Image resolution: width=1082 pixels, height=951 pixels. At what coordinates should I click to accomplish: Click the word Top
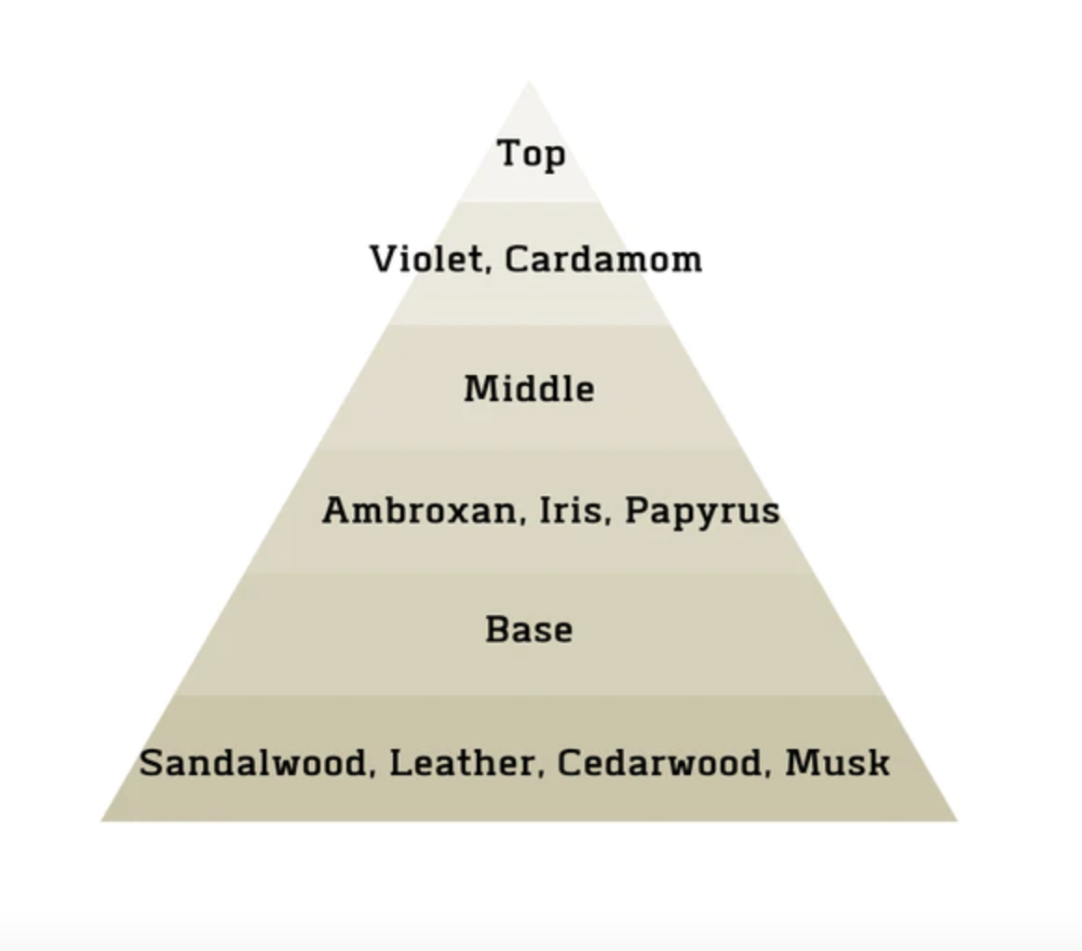[x=532, y=154]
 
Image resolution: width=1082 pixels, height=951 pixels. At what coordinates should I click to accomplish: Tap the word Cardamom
[x=603, y=260]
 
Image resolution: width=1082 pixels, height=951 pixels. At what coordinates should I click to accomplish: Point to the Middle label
[x=529, y=388]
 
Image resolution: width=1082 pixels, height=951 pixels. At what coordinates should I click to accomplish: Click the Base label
[x=529, y=630]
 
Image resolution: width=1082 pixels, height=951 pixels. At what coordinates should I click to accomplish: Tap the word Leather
[x=463, y=763]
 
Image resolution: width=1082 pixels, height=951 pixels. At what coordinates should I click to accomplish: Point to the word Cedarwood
[x=659, y=763]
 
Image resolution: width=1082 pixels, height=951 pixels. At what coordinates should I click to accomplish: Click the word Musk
[x=837, y=763]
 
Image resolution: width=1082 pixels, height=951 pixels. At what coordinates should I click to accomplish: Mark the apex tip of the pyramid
[x=529, y=81]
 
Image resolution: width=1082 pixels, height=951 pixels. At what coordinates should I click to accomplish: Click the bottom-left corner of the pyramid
[x=101, y=821]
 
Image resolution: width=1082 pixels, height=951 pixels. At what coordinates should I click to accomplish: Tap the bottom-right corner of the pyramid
[x=957, y=821]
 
